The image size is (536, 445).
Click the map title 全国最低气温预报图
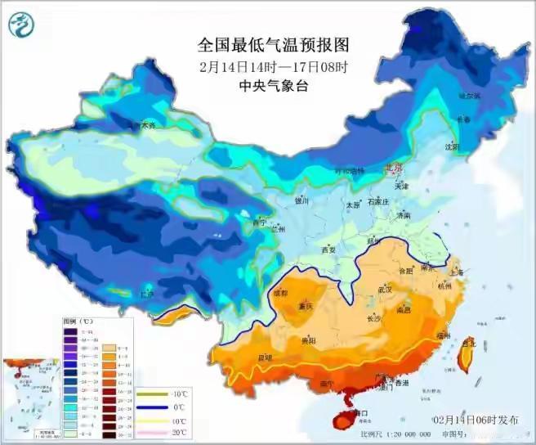point(268,43)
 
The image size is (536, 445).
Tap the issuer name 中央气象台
point(267,87)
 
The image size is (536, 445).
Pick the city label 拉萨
point(146,294)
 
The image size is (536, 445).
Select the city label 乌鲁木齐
point(140,127)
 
